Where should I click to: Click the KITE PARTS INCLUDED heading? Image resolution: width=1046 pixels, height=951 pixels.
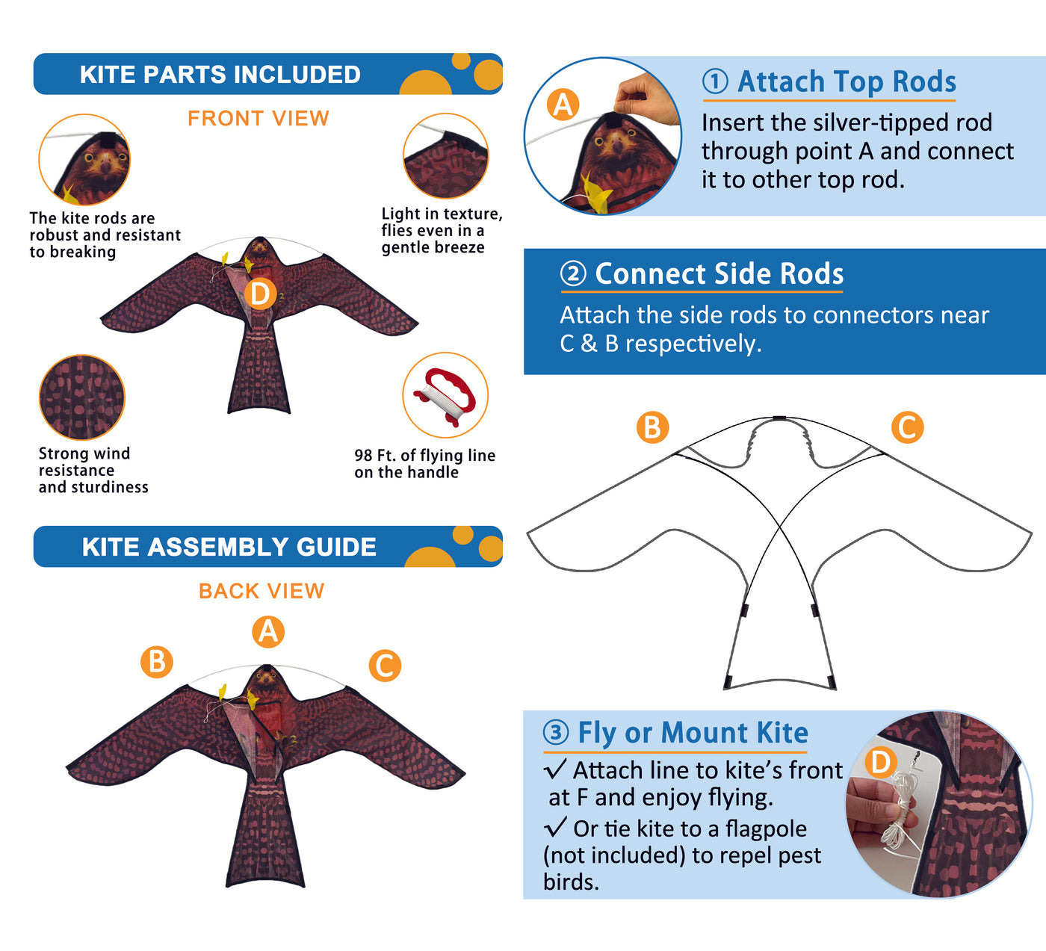pyautogui.click(x=220, y=75)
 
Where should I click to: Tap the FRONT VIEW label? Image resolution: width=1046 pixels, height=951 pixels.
pyautogui.click(x=259, y=118)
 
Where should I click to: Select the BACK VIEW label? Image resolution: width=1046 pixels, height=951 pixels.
pyautogui.click(x=261, y=591)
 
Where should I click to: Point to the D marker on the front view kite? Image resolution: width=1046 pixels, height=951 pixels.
pyautogui.click(x=260, y=294)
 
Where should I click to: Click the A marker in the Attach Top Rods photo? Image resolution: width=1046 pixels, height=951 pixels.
pyautogui.click(x=563, y=105)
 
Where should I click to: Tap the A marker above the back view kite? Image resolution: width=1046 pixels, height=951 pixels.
pyautogui.click(x=268, y=631)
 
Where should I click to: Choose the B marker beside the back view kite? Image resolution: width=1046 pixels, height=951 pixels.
pyautogui.click(x=157, y=662)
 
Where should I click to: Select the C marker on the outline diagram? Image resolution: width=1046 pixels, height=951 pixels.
pyautogui.click(x=907, y=427)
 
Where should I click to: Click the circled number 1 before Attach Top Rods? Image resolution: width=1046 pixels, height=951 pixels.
pyautogui.click(x=715, y=82)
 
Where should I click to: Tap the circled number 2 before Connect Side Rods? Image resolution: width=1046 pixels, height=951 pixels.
pyautogui.click(x=573, y=273)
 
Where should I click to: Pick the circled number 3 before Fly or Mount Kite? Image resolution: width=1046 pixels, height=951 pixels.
pyautogui.click(x=556, y=733)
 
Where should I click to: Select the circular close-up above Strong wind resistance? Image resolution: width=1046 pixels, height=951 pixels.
pyautogui.click(x=82, y=397)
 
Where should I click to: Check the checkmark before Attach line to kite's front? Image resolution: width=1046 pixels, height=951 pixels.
pyautogui.click(x=555, y=769)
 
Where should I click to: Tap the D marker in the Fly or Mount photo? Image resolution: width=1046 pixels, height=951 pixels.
pyautogui.click(x=881, y=762)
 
